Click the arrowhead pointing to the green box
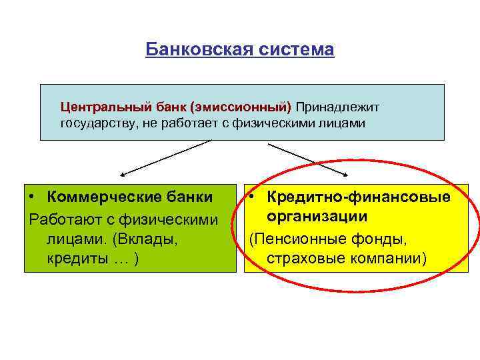point(121,175)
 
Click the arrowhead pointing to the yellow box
point(346,175)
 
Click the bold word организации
point(317,217)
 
